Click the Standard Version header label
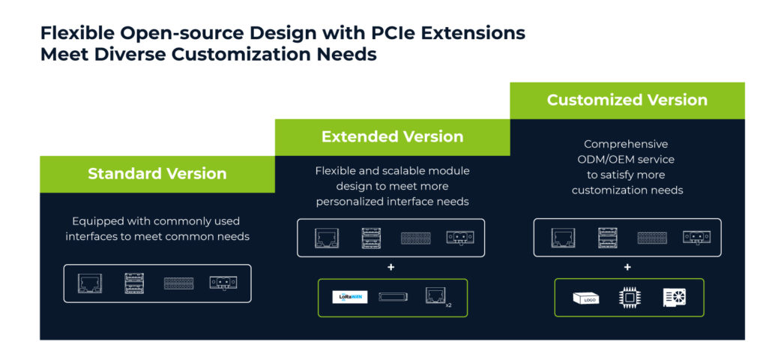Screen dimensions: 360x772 [x=157, y=174]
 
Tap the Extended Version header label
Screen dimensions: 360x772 [x=392, y=137]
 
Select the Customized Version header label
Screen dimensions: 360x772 [x=627, y=100]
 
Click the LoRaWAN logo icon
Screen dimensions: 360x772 [x=350, y=297]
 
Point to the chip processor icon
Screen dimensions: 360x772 [x=630, y=297]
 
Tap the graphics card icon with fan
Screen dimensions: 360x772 [x=674, y=297]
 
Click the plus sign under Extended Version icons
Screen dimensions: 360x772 [x=391, y=267]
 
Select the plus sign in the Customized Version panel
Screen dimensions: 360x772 [x=627, y=267]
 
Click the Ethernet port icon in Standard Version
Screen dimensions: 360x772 [x=89, y=283]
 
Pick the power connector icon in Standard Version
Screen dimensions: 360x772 [x=223, y=283]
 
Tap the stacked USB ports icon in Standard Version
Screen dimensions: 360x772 [x=133, y=283]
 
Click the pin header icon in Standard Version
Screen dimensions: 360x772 [x=178, y=283]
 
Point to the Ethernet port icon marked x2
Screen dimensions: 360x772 [x=435, y=296]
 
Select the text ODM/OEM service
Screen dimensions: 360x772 [x=628, y=159]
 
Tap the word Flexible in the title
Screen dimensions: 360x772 [x=76, y=34]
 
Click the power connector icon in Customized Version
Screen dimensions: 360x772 [x=696, y=238]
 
